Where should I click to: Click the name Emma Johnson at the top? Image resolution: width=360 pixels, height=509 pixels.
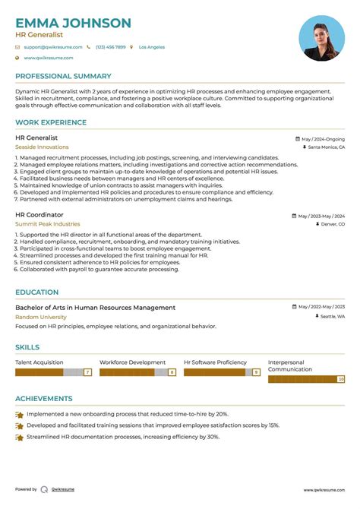pyautogui.click(x=73, y=24)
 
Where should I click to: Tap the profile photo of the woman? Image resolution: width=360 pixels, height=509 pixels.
pyautogui.click(x=321, y=38)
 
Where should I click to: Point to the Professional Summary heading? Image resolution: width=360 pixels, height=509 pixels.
pyautogui.click(x=63, y=77)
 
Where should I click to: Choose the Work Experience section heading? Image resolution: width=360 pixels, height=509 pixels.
pyautogui.click(x=51, y=122)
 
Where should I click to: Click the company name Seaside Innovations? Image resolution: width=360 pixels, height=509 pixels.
pyautogui.click(x=42, y=147)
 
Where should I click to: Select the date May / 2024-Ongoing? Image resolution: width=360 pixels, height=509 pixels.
pyautogui.click(x=323, y=139)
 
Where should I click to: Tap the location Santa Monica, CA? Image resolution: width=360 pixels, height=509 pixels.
pyautogui.click(x=326, y=147)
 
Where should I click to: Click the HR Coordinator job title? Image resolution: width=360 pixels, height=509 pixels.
pyautogui.click(x=39, y=215)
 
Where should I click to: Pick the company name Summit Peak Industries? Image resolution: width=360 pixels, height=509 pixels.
pyautogui.click(x=47, y=224)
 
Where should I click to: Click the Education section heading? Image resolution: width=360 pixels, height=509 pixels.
pyautogui.click(x=36, y=292)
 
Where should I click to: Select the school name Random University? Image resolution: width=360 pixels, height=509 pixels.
pyautogui.click(x=41, y=317)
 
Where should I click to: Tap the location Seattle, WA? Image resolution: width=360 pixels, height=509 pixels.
pyautogui.click(x=332, y=316)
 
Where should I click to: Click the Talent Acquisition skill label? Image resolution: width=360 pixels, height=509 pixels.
pyautogui.click(x=39, y=362)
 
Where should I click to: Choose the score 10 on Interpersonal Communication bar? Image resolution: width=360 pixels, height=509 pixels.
pyautogui.click(x=341, y=378)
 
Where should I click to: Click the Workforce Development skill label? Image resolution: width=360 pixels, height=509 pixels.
pyautogui.click(x=132, y=362)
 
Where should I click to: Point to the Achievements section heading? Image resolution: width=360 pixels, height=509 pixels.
pyautogui.click(x=44, y=399)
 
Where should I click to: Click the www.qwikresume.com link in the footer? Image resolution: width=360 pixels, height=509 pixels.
pyautogui.click(x=324, y=490)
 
